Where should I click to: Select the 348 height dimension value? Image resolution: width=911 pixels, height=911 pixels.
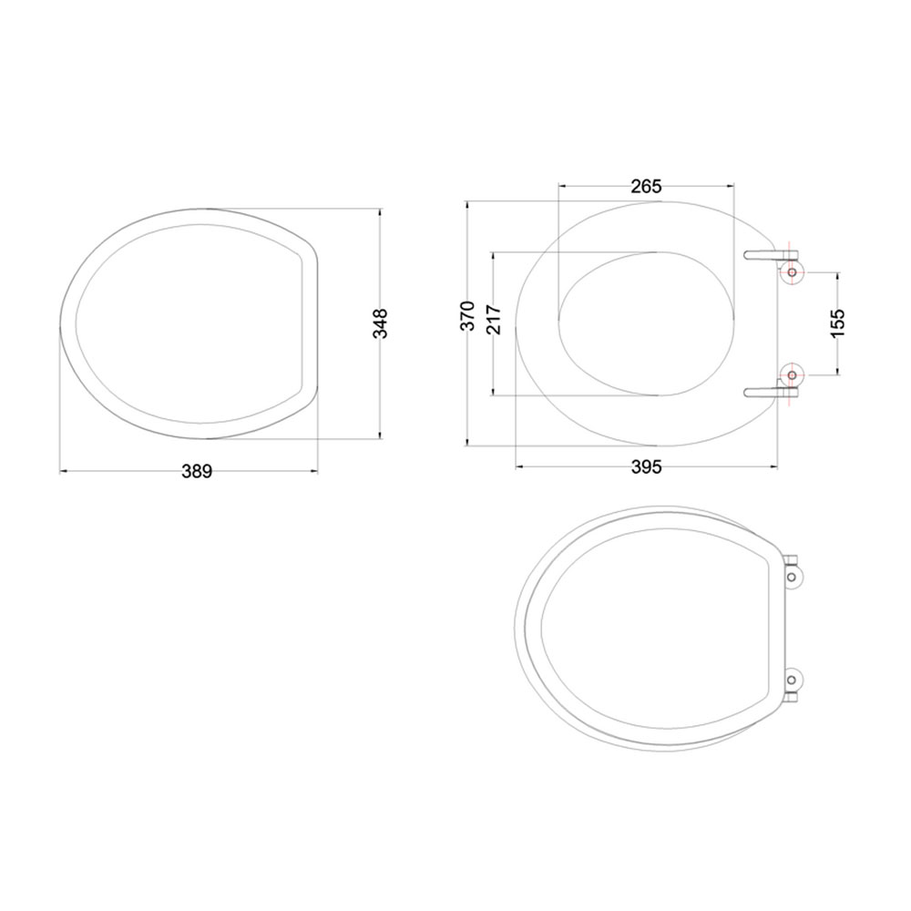pyautogui.click(x=380, y=323)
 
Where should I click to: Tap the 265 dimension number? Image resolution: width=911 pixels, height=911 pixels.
pyautogui.click(x=645, y=186)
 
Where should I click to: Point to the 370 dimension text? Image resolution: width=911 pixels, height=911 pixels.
pyautogui.click(x=466, y=316)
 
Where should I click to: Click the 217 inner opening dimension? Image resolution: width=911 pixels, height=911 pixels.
pyautogui.click(x=493, y=320)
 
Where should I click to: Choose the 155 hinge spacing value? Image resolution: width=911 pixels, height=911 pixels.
pyautogui.click(x=838, y=322)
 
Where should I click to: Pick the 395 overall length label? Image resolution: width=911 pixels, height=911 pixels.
pyautogui.click(x=645, y=467)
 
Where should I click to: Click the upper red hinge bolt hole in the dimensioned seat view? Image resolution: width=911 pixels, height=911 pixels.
pyautogui.click(x=792, y=271)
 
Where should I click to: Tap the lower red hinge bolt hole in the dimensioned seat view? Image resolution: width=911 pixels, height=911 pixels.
pyautogui.click(x=792, y=374)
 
